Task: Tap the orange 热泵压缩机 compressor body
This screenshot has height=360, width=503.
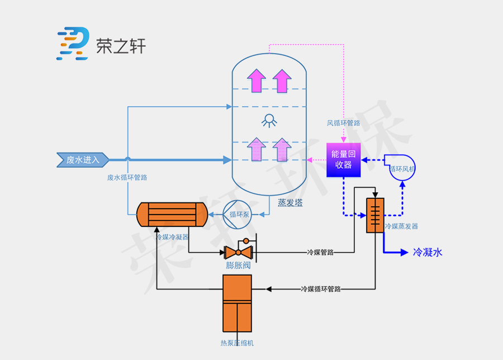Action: click(x=238, y=302)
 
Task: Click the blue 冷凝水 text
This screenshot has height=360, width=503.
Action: click(x=428, y=253)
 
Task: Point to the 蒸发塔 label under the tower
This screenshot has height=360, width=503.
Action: click(x=290, y=203)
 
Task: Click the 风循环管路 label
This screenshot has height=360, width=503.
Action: click(x=343, y=122)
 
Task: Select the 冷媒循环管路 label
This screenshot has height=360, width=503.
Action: click(x=321, y=289)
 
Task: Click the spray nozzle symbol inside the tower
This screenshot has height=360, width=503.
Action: click(x=269, y=120)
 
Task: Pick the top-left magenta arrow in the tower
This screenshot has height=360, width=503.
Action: click(x=257, y=80)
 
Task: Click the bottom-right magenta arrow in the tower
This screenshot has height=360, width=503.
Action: click(x=283, y=149)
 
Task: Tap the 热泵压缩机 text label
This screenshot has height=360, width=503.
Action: click(x=237, y=343)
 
